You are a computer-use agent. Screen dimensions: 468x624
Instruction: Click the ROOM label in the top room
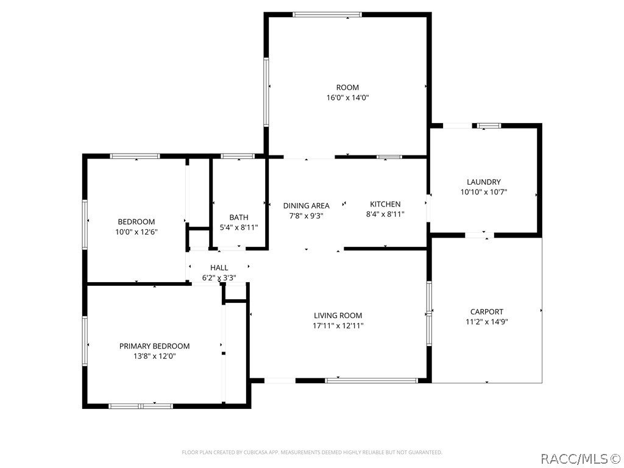click(x=347, y=87)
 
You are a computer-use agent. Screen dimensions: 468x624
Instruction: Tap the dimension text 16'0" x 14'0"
click(x=347, y=97)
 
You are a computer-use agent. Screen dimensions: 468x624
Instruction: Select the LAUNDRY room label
click(x=484, y=182)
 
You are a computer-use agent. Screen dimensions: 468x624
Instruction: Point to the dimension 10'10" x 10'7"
click(x=484, y=192)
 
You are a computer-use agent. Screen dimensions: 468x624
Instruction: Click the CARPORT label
click(x=486, y=311)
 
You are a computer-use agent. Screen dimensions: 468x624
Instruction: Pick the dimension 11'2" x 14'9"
click(x=486, y=322)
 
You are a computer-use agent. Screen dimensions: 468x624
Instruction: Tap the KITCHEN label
click(x=385, y=204)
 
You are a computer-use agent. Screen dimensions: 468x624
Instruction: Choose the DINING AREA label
click(x=306, y=205)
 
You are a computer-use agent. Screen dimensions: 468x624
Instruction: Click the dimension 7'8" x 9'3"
click(x=306, y=215)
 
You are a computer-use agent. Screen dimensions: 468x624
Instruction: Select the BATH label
click(x=239, y=218)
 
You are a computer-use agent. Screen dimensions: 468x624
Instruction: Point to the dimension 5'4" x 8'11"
click(x=239, y=227)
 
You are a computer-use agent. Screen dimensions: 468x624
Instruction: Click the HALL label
click(x=219, y=268)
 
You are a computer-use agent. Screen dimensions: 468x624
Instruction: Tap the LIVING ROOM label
click(x=338, y=315)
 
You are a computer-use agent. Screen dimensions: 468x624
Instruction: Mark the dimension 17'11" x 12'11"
click(x=338, y=325)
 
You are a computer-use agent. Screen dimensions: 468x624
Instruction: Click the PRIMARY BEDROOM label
click(x=154, y=346)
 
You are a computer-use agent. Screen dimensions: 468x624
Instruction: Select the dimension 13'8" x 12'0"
click(x=154, y=356)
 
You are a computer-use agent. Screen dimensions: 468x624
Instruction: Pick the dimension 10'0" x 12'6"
click(x=136, y=232)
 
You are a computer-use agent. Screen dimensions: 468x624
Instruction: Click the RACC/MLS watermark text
click(x=581, y=457)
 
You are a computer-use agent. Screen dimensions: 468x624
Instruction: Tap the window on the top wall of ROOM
click(x=327, y=15)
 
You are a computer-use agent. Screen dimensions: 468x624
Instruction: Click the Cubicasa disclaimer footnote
click(x=312, y=452)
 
